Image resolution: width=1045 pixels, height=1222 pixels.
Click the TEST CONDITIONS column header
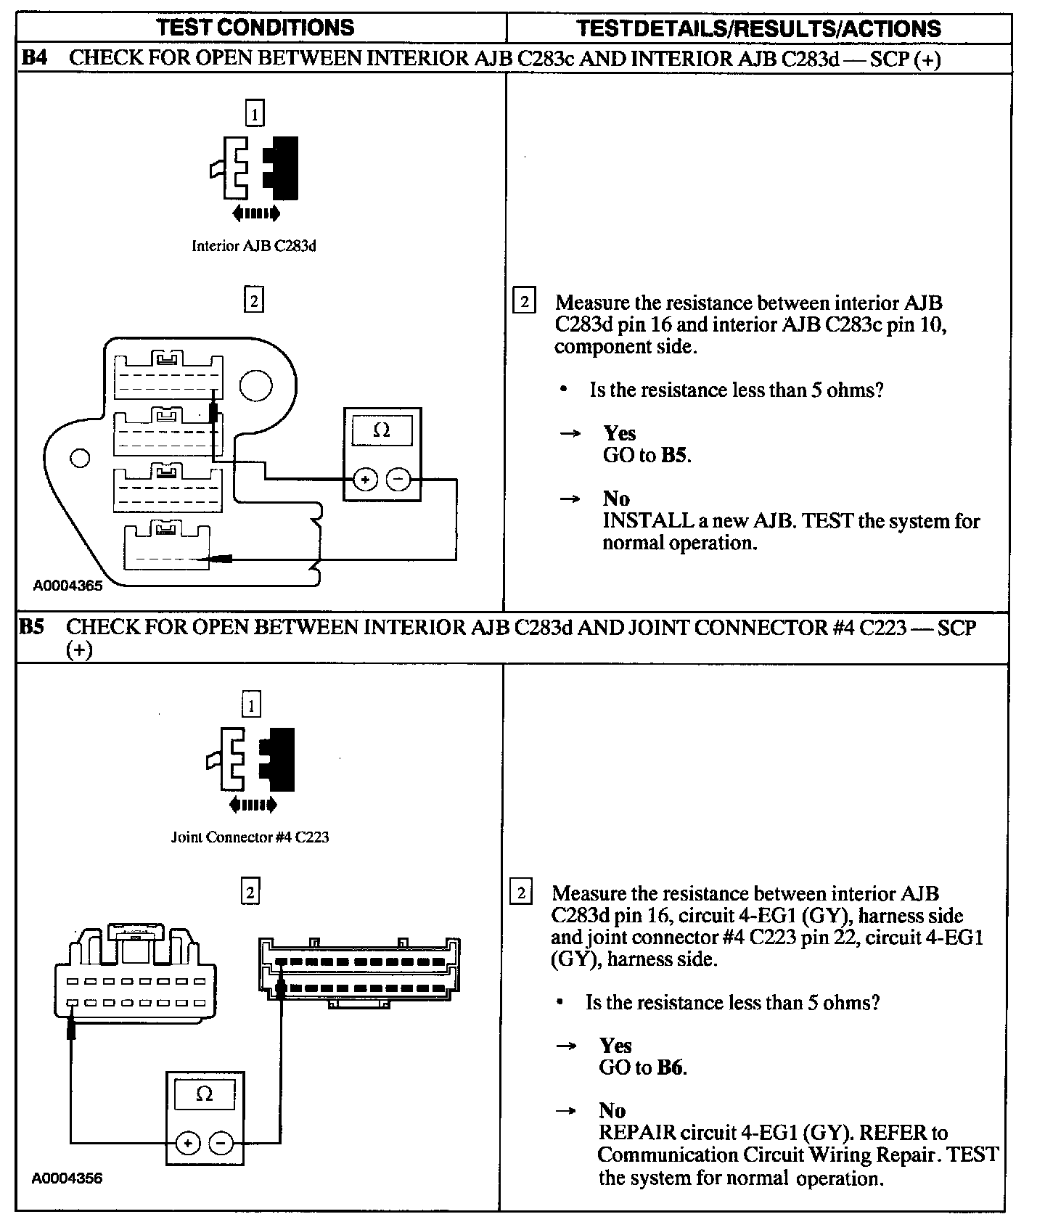pyautogui.click(x=255, y=28)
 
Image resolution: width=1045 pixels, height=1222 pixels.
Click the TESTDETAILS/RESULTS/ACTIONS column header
pyautogui.click(x=758, y=28)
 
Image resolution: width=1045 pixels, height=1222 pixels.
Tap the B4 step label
pyautogui.click(x=34, y=58)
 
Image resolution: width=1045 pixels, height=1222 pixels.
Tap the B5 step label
pyautogui.click(x=32, y=627)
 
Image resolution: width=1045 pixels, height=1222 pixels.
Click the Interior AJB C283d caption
pyautogui.click(x=253, y=246)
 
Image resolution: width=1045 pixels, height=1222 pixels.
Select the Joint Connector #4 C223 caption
pyautogui.click(x=250, y=837)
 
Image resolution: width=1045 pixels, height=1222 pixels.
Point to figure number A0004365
pyautogui.click(x=67, y=586)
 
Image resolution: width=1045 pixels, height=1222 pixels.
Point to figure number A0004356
pyautogui.click(x=67, y=1178)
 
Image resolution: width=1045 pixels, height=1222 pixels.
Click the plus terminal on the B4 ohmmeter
pyautogui.click(x=365, y=480)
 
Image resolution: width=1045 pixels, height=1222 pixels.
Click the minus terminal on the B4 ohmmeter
pyautogui.click(x=398, y=480)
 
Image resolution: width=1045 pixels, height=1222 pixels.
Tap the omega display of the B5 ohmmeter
pyautogui.click(x=205, y=1094)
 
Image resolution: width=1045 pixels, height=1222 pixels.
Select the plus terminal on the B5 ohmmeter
pyautogui.click(x=188, y=1144)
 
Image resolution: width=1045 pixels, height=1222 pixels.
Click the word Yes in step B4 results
pyautogui.click(x=619, y=433)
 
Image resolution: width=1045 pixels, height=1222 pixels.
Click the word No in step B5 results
pyautogui.click(x=612, y=1110)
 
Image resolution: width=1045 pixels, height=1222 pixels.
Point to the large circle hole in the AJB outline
pyautogui.click(x=255, y=385)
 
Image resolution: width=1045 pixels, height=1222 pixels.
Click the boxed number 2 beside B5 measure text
pyautogui.click(x=521, y=892)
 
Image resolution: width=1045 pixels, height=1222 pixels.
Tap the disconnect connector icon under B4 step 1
pyautogui.click(x=254, y=168)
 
